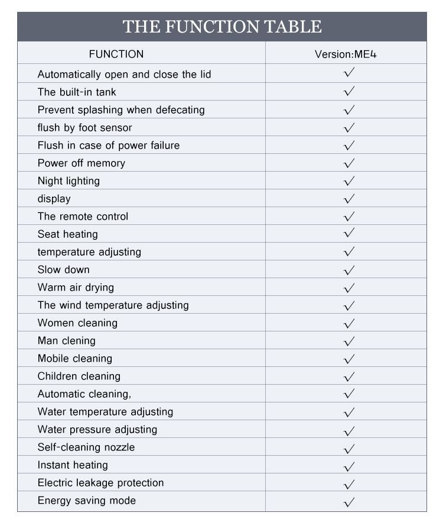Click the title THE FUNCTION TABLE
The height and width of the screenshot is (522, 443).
click(x=221, y=27)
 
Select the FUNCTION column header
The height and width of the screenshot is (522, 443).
click(x=116, y=54)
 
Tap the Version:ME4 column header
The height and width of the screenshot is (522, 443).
click(x=346, y=54)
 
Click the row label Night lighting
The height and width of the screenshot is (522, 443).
click(x=69, y=181)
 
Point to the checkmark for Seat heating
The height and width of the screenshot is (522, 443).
click(x=349, y=233)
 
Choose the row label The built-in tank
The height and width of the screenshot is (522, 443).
click(x=77, y=92)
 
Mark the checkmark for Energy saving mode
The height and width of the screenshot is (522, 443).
click(x=349, y=502)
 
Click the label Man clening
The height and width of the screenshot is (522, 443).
click(x=66, y=341)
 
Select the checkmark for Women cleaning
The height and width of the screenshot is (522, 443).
click(x=349, y=323)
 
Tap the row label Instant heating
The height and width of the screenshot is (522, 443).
click(x=73, y=465)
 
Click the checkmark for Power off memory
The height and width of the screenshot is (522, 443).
click(x=349, y=163)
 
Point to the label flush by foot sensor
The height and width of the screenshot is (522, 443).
click(x=84, y=128)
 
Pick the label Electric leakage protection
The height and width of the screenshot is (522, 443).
click(x=100, y=483)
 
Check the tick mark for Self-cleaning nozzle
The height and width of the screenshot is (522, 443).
click(x=349, y=448)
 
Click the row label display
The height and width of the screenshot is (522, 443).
click(x=54, y=199)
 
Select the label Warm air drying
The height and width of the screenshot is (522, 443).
click(x=76, y=288)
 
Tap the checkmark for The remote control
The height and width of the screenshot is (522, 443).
click(x=349, y=216)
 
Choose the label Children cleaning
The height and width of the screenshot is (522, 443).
click(x=79, y=376)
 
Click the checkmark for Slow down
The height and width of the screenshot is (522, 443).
click(x=349, y=270)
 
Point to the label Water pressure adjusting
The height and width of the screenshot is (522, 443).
click(x=97, y=430)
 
